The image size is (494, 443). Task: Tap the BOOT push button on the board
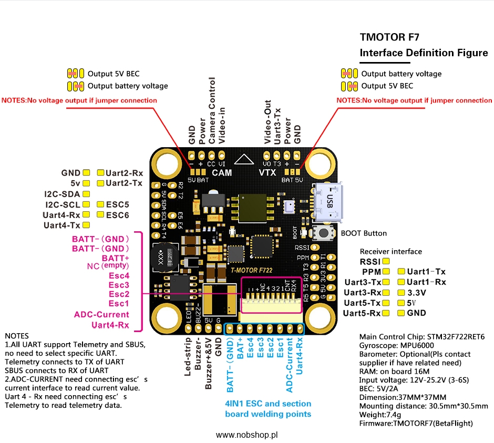tap(321, 234)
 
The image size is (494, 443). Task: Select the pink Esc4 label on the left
tap(119, 275)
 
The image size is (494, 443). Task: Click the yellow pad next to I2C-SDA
tap(86, 193)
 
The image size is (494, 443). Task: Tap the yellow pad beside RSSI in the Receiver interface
tap(386, 261)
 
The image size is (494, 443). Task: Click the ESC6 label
tap(118, 214)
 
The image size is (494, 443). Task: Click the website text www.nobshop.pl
tap(247, 435)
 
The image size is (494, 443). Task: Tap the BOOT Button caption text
tap(364, 233)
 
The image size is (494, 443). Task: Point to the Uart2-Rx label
tap(125, 172)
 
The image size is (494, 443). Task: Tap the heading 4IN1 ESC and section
tap(267, 404)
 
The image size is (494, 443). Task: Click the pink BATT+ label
tap(116, 259)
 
